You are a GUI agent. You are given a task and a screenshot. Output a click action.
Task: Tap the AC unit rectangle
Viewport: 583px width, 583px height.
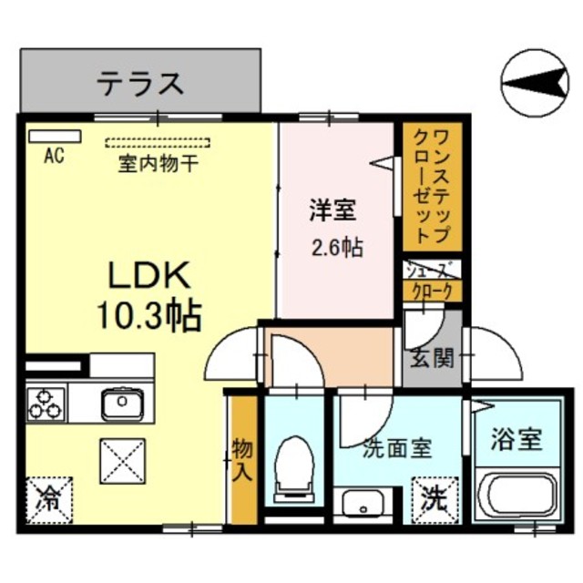click(x=55, y=136)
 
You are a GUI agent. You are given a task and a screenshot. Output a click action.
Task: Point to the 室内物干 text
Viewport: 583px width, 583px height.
click(x=158, y=164)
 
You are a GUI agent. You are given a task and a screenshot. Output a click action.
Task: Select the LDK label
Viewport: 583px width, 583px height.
click(x=149, y=275)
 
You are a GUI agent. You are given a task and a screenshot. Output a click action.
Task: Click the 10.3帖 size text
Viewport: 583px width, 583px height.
click(x=149, y=315)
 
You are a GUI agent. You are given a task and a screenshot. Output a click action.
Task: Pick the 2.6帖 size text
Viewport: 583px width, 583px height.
click(x=337, y=247)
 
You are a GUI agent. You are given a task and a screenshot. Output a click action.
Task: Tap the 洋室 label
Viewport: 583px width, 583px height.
click(x=333, y=210)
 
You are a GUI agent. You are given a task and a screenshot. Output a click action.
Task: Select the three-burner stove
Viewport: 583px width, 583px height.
click(x=46, y=404)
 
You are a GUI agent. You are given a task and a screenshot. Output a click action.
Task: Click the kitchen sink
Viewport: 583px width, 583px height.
click(x=122, y=403)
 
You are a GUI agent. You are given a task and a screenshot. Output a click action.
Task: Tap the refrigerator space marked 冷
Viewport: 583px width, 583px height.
click(x=49, y=500)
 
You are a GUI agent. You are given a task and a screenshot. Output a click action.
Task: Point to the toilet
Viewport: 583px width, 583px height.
click(x=293, y=469)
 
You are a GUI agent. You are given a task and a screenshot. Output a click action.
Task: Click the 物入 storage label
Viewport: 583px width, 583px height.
click(x=242, y=461)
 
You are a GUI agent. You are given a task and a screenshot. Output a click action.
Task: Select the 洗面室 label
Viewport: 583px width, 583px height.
click(x=397, y=449)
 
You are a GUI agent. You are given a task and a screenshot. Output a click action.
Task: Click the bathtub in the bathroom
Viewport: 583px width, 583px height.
click(x=517, y=494)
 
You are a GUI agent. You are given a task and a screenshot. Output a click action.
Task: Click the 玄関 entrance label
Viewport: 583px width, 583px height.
click(x=433, y=359)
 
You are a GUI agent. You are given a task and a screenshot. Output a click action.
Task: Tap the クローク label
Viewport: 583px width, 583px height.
click(x=433, y=291)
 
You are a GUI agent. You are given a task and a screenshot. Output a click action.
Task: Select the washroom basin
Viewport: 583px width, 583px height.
click(x=363, y=502)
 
